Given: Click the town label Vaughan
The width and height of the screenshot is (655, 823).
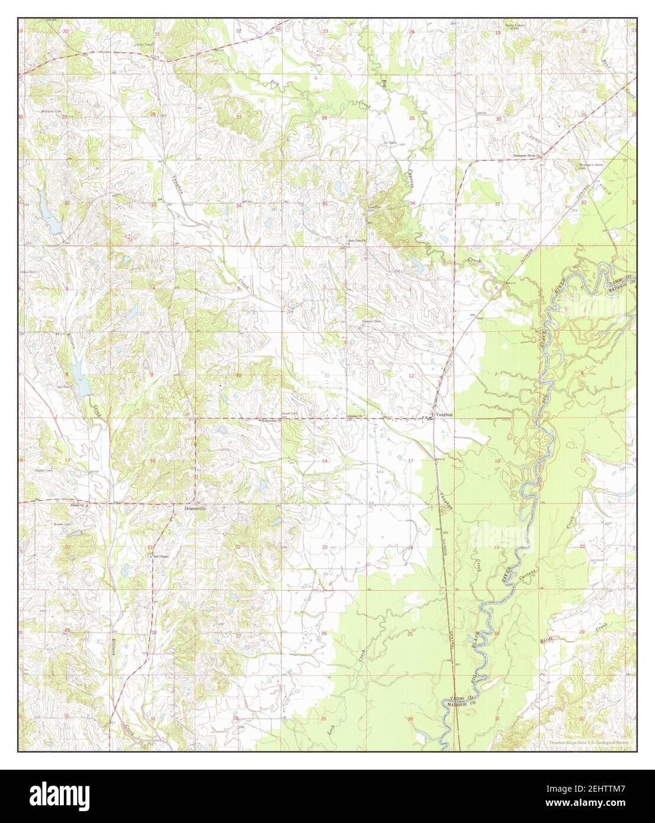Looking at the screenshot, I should coord(444,415).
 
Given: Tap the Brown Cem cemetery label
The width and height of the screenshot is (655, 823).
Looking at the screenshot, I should coord(63,525).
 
